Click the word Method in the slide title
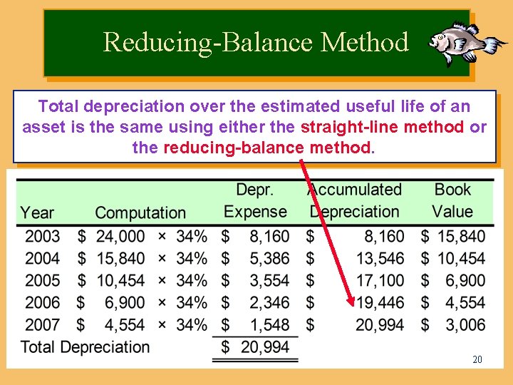[x=365, y=42]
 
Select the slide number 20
[x=477, y=359]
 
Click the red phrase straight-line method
[x=383, y=128]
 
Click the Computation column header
[x=140, y=212]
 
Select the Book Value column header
[x=452, y=200]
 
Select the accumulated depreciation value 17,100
[x=380, y=280]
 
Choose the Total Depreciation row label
[x=85, y=347]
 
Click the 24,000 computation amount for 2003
[x=120, y=236]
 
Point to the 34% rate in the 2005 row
[x=192, y=280]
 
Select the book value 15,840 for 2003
[x=461, y=236]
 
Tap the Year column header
[x=37, y=212]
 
